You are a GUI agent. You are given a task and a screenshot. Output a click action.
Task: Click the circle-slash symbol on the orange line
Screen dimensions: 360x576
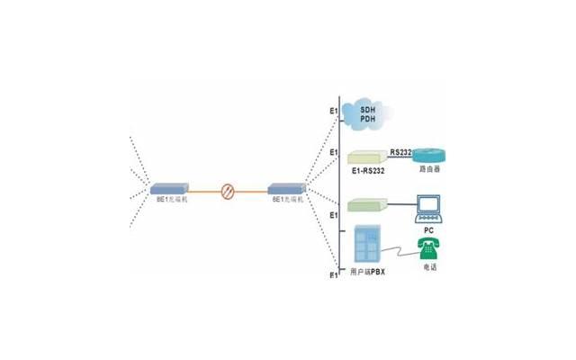(x=229, y=190)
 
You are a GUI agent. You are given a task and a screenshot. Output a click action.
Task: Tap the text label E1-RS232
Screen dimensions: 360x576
(x=366, y=170)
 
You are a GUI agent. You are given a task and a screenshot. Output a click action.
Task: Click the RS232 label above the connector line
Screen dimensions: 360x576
(x=401, y=152)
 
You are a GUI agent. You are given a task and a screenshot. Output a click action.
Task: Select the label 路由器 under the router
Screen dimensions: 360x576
(x=429, y=170)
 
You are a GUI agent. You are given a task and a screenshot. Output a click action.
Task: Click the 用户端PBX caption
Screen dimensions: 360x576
(x=367, y=272)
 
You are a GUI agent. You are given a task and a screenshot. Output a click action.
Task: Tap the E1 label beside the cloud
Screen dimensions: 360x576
(x=333, y=112)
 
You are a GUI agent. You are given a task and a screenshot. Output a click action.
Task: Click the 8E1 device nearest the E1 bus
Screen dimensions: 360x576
(x=287, y=190)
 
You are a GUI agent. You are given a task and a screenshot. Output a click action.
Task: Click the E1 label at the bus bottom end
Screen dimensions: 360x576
(x=333, y=274)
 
